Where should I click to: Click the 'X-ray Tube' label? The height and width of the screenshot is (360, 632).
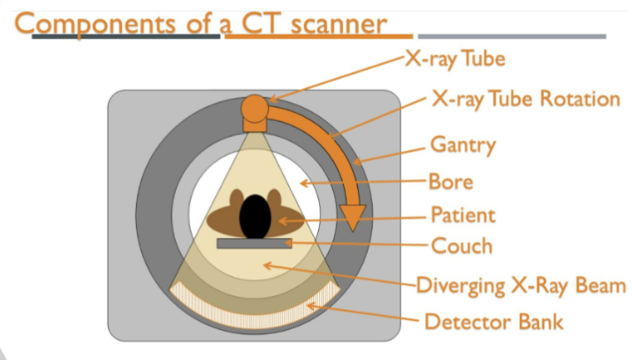pyautogui.click(x=454, y=60)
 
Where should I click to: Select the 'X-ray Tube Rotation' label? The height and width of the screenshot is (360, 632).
pyautogui.click(x=526, y=98)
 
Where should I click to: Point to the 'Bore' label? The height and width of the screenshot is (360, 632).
pyautogui.click(x=451, y=182)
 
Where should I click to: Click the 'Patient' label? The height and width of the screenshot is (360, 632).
pyautogui.click(x=462, y=214)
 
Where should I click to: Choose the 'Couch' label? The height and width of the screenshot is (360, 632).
pyautogui.click(x=460, y=245)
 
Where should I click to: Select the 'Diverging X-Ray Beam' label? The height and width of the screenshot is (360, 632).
pyautogui.click(x=522, y=285)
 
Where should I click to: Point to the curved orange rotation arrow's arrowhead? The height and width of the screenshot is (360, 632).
pyautogui.click(x=353, y=217)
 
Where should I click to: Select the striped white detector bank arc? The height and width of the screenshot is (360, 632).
pyautogui.click(x=256, y=318)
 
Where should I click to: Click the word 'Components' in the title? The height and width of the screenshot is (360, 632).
pyautogui.click(x=100, y=21)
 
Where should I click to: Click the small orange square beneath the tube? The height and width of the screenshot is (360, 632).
pyautogui.click(x=255, y=126)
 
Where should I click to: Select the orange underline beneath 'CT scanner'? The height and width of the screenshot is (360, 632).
pyautogui.click(x=318, y=37)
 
